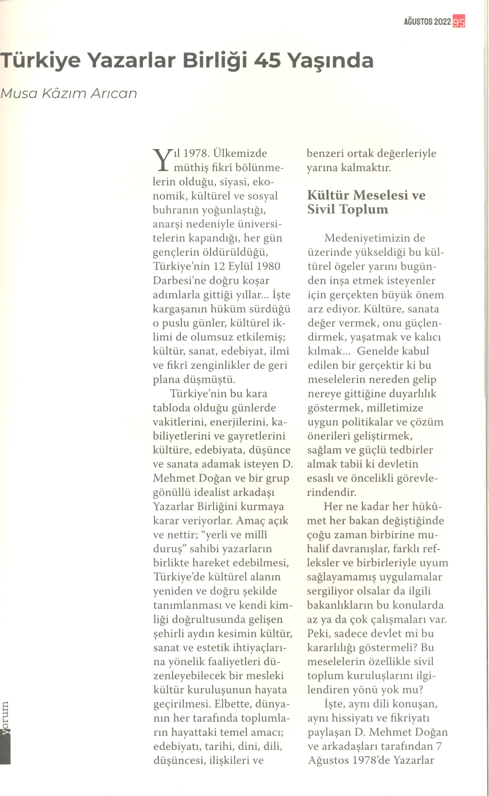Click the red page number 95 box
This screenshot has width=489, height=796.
[459, 22]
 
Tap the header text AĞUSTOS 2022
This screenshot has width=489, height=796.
[427, 22]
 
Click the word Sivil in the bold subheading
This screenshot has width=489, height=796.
[322, 209]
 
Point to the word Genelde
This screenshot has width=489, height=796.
[393, 351]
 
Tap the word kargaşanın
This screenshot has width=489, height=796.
[180, 309]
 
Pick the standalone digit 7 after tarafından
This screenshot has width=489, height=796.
[439, 746]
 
